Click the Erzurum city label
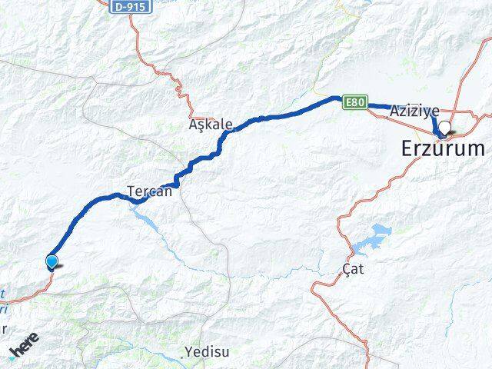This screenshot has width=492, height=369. (444, 148)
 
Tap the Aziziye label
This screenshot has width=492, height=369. (414, 111)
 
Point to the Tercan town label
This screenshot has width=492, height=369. (150, 191)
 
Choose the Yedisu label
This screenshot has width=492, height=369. (205, 354)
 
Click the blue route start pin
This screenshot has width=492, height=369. (52, 262)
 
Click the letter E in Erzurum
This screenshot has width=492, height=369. (408, 148)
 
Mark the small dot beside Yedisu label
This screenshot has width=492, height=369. (185, 357)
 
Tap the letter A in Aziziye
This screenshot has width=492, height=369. (394, 111)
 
